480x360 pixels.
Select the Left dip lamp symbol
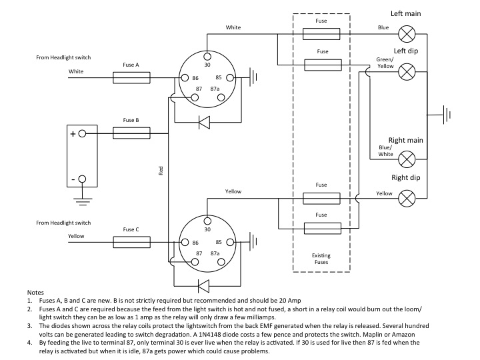407,71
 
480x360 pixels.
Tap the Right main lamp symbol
407,158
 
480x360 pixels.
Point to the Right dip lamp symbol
407,197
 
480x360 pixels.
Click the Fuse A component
131,78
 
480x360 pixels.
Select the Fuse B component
131,133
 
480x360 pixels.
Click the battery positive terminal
83,133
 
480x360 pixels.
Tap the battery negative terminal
83,179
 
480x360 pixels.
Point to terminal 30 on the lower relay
207,220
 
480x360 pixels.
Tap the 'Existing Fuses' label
321,259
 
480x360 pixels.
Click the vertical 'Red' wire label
161,171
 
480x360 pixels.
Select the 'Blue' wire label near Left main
383,28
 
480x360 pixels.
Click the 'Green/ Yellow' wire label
385,63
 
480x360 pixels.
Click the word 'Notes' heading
35,293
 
